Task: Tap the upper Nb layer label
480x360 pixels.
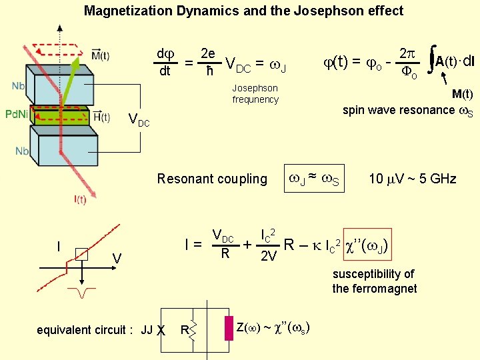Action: click(19, 86)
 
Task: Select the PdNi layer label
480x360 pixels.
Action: click(17, 115)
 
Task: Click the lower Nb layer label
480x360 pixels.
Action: click(23, 151)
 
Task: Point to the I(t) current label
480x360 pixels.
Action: click(80, 199)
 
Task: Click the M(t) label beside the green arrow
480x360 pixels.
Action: click(101, 55)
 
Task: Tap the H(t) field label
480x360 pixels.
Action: click(102, 117)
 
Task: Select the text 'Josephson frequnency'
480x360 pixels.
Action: click(255, 94)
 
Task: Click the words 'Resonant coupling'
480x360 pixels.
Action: click(212, 179)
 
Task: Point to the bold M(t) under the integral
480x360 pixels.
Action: click(462, 94)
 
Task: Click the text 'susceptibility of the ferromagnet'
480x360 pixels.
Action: click(374, 281)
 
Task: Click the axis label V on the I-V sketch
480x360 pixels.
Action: click(116, 257)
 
